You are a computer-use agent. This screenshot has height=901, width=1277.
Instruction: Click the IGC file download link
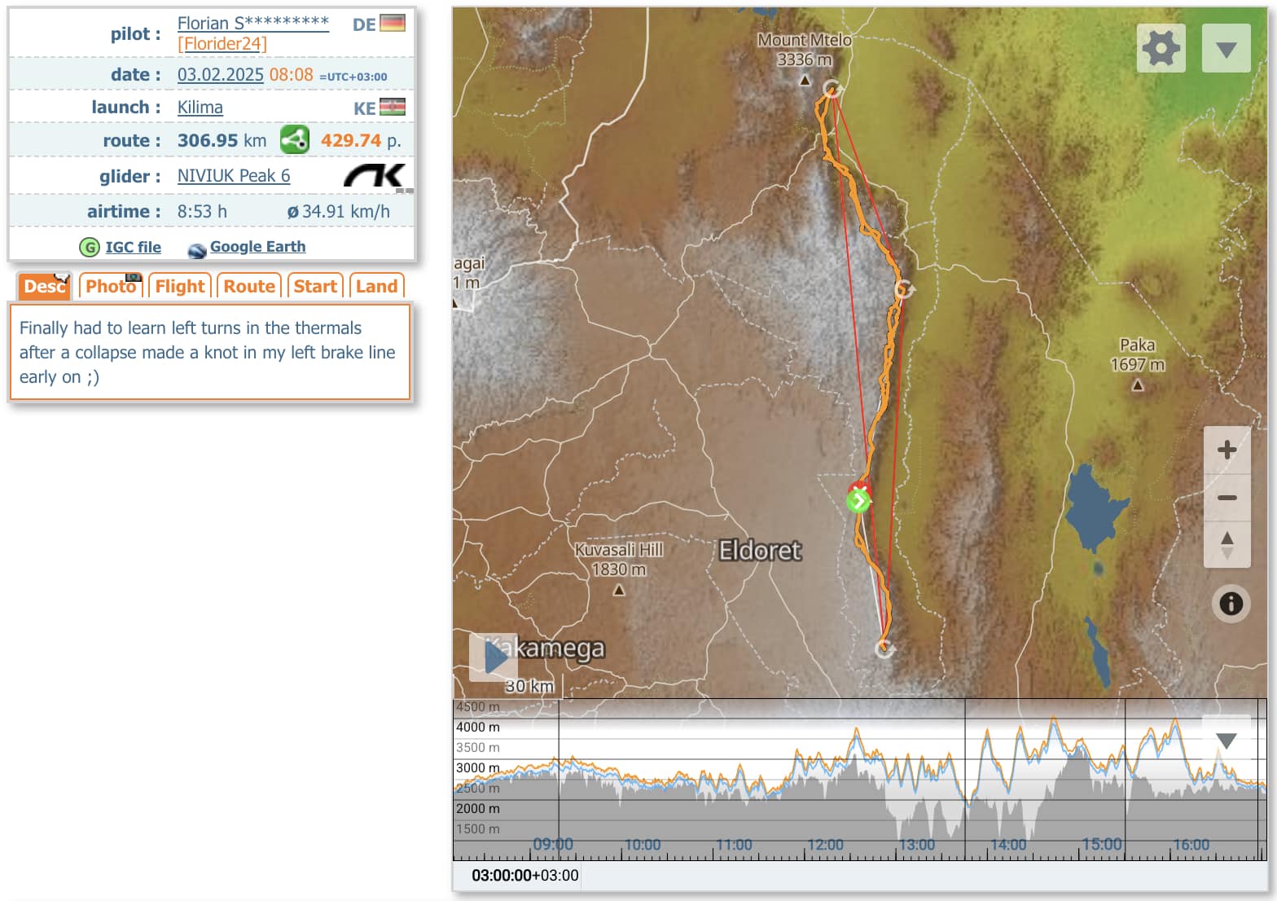pyautogui.click(x=133, y=247)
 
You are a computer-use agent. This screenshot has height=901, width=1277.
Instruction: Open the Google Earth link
pyautogui.click(x=257, y=246)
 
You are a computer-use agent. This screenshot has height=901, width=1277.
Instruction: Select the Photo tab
pyautogui.click(x=111, y=286)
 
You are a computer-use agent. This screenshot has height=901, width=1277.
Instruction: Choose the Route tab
pyautogui.click(x=249, y=286)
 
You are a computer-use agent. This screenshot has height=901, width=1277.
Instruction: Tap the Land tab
pyautogui.click(x=376, y=286)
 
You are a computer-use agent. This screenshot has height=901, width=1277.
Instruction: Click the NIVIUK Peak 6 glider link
pyautogui.click(x=234, y=176)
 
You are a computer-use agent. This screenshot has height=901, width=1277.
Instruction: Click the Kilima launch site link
pyautogui.click(x=200, y=108)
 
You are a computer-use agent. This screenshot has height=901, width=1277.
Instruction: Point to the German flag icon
pyautogui.click(x=393, y=24)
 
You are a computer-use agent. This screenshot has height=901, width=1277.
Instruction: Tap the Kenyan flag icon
pyautogui.click(x=393, y=108)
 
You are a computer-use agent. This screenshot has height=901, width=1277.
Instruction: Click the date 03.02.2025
pyautogui.click(x=220, y=75)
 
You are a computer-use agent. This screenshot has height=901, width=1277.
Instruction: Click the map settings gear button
pyautogui.click(x=1161, y=49)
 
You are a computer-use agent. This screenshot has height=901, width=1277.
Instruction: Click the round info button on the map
pyautogui.click(x=1231, y=604)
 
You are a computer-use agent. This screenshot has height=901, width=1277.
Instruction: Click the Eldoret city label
pyautogui.click(x=760, y=551)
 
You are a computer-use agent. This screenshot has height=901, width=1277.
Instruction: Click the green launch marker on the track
pyautogui.click(x=858, y=500)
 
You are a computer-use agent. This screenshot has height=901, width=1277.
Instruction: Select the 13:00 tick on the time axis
pyautogui.click(x=916, y=845)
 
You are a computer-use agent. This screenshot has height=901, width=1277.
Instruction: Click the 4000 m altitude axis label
pyautogui.click(x=478, y=727)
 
